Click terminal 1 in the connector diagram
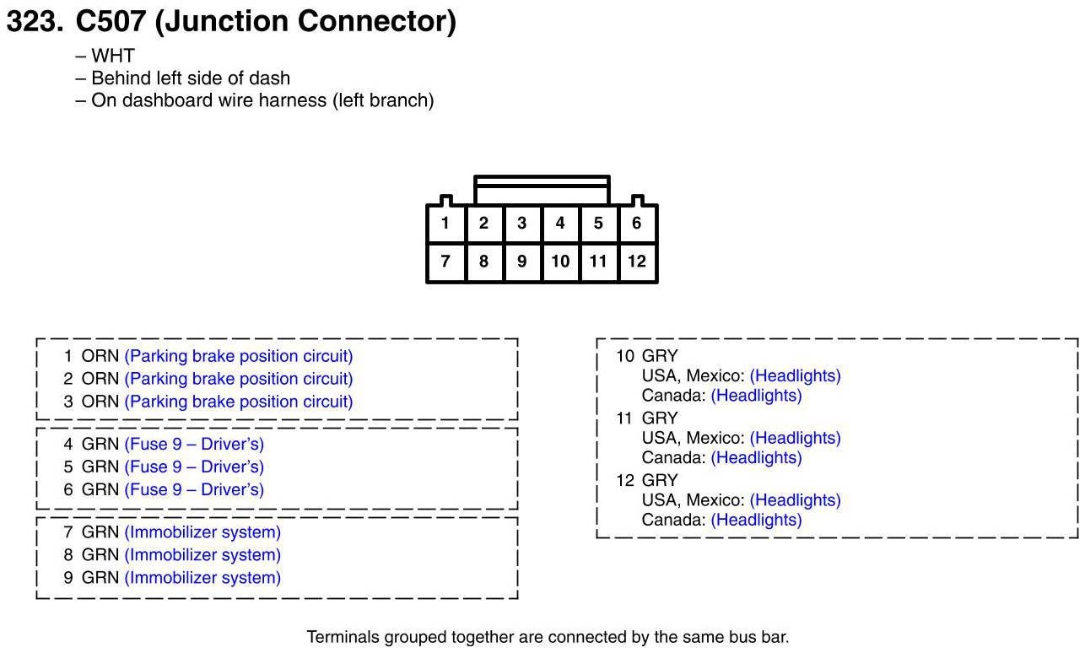point(445,224)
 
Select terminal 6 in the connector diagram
point(636,224)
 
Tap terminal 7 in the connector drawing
point(445,262)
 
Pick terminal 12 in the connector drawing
point(636,262)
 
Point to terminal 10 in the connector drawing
point(560,262)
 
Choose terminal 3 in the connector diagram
point(521,224)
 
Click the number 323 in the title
point(34,21)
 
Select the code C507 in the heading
point(111,21)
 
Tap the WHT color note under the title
point(112,56)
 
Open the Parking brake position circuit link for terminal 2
point(238,379)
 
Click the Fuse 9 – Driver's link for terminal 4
point(193,444)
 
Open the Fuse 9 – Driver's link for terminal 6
point(193,489)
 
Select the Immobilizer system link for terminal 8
point(202,555)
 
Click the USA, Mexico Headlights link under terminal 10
point(795,375)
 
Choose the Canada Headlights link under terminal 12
point(756,520)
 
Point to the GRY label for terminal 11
point(659,418)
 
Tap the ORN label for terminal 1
point(100,356)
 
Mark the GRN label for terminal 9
point(100,578)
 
